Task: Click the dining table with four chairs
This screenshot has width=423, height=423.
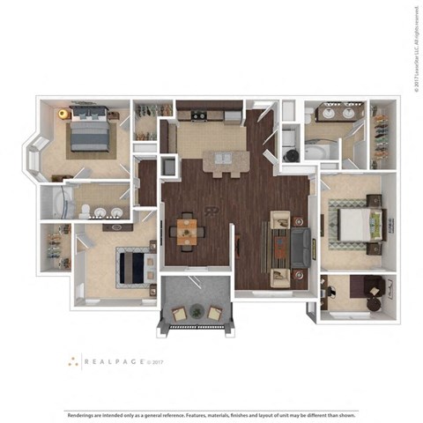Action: pos(189,231)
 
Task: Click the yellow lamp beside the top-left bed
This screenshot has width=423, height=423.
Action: pos(63,113)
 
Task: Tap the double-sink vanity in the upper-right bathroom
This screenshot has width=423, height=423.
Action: pos(338,113)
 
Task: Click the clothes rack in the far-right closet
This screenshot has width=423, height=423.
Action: pos(380,137)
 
